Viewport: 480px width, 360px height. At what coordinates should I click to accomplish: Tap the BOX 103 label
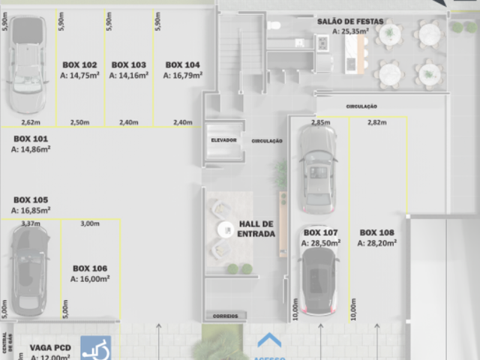pos(127,65)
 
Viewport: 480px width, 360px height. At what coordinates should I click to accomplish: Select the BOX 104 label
pos(182,65)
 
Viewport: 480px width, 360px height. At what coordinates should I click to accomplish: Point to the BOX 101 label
pos(30,139)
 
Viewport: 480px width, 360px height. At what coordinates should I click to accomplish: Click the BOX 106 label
pos(90,268)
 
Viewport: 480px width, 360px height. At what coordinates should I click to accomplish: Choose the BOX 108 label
pos(376,232)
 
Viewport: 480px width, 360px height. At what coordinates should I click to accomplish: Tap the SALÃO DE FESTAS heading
pos(350,22)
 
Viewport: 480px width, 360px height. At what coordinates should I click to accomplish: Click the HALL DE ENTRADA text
pos(256,229)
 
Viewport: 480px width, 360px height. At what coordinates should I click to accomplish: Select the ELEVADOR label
pos(223,140)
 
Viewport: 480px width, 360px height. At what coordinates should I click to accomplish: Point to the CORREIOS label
pos(225,316)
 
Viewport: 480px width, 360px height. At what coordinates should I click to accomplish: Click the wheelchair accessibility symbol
pos(95,349)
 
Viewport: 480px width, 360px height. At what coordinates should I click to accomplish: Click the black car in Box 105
pos(29,270)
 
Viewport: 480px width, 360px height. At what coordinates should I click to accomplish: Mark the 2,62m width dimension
pos(30,121)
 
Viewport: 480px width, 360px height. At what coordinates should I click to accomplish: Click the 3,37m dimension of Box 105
pos(31,223)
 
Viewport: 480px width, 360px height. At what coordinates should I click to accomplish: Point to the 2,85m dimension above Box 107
pos(320,122)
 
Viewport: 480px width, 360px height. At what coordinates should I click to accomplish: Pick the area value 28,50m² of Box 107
pos(322,243)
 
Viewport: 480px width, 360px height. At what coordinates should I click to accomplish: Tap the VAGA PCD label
pos(50,347)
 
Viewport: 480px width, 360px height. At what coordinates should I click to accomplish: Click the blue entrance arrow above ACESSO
pos(269,340)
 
